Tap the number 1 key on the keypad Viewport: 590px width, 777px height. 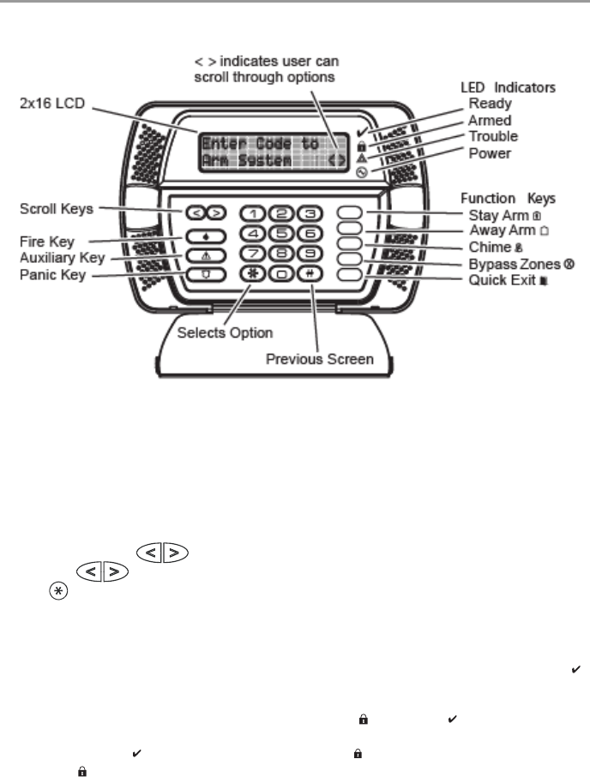(x=255, y=214)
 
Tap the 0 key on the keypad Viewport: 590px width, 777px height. (x=283, y=274)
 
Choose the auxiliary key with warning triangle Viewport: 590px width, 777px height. (x=192, y=255)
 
